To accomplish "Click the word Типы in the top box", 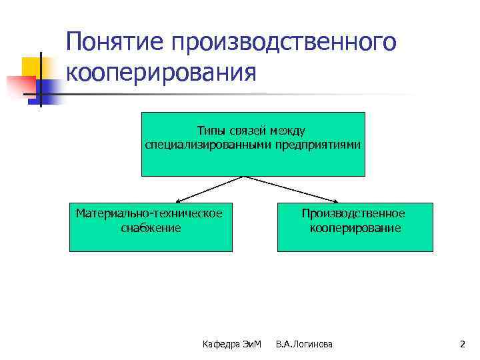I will pos(212,131).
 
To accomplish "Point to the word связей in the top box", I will pos(252,131).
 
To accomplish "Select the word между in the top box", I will pos(291,131).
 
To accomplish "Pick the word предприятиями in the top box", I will pos(315,145).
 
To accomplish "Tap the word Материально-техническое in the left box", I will pos(149,213).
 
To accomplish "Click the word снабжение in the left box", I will pos(151,228).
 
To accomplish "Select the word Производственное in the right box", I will pos(353,213).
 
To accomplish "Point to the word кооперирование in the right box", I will pos(355,228).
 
